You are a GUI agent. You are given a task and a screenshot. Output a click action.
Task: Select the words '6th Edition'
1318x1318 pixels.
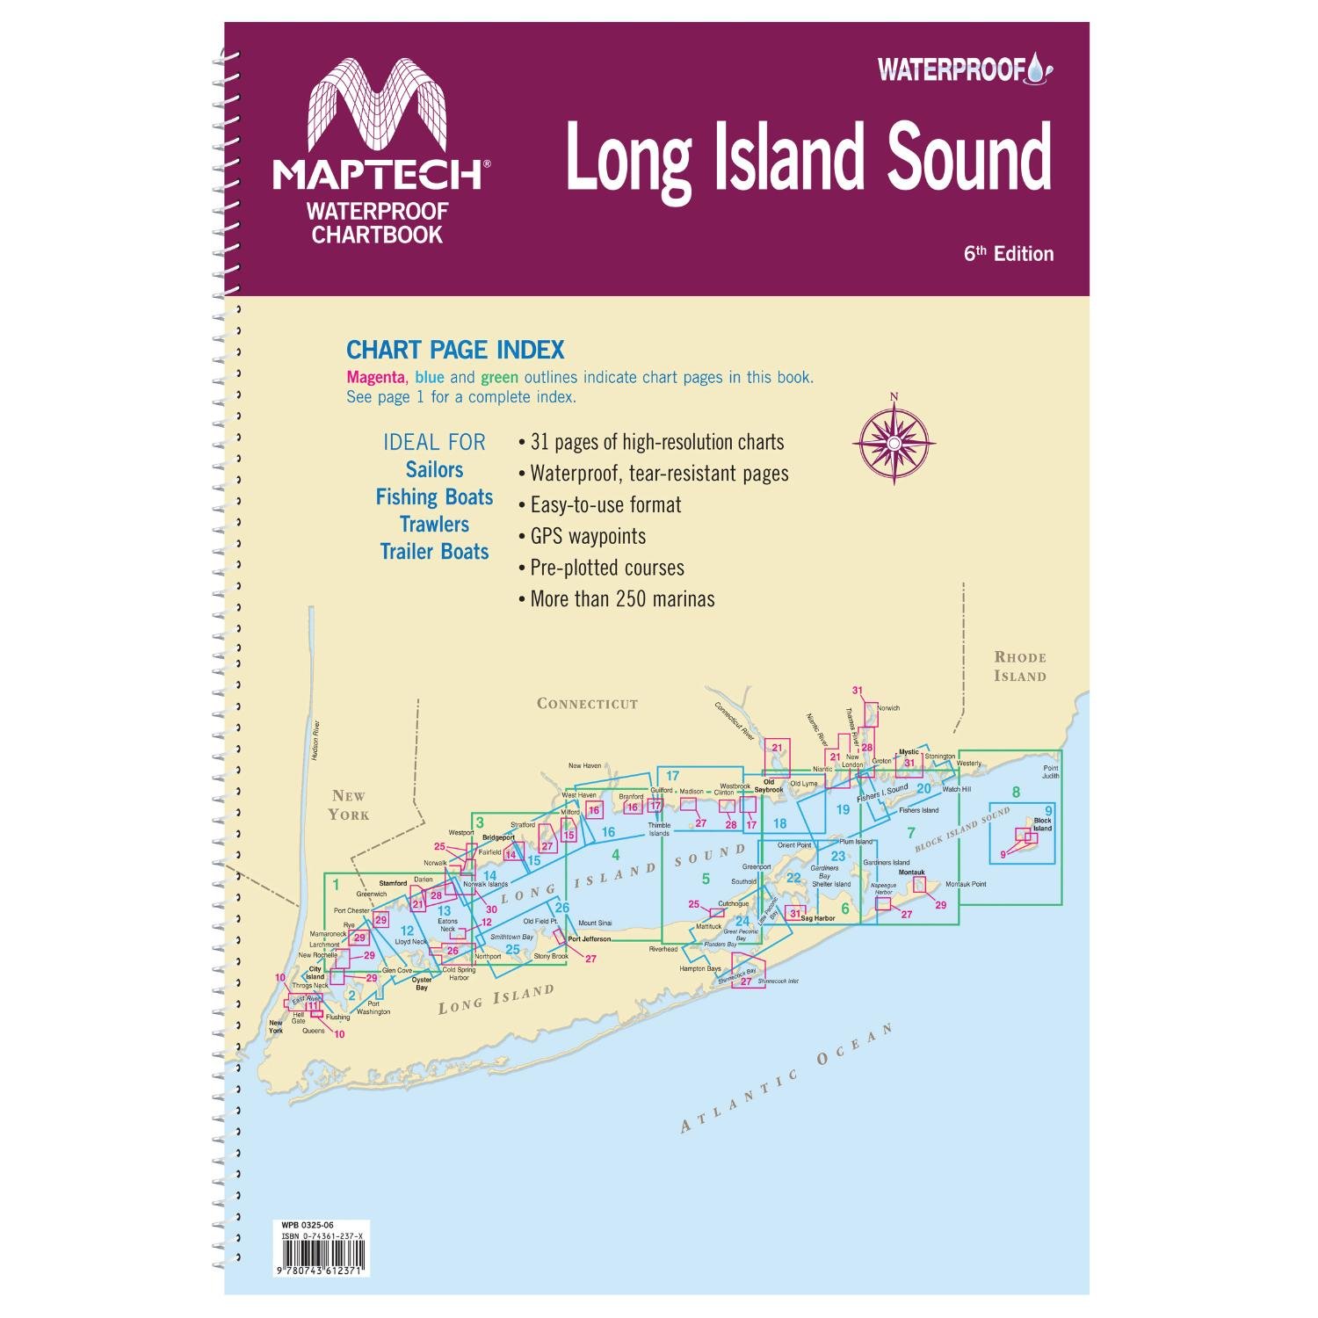pyautogui.click(x=1008, y=254)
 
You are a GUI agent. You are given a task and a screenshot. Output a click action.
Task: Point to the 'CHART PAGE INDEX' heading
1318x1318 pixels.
pyautogui.click(x=455, y=351)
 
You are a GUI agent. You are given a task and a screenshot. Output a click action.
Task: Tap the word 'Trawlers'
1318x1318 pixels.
pyautogui.click(x=434, y=525)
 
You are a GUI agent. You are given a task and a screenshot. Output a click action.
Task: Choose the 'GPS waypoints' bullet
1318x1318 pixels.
pyautogui.click(x=588, y=536)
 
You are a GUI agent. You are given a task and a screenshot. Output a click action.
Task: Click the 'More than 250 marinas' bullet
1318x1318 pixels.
pyautogui.click(x=622, y=599)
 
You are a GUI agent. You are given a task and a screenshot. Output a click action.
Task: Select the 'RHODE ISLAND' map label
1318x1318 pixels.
pyautogui.click(x=1020, y=667)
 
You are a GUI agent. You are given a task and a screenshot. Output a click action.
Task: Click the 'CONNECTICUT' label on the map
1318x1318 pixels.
pyautogui.click(x=587, y=704)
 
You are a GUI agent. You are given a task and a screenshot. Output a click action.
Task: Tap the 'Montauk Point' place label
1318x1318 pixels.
pyautogui.click(x=966, y=884)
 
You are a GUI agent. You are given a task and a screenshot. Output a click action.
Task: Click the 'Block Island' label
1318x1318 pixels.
pyautogui.click(x=1042, y=824)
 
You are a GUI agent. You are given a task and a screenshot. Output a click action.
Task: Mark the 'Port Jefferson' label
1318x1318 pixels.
pyautogui.click(x=589, y=939)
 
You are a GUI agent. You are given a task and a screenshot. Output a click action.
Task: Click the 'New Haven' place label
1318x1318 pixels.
pyautogui.click(x=584, y=766)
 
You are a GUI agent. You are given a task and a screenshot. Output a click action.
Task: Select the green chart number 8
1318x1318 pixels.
pyautogui.click(x=1016, y=793)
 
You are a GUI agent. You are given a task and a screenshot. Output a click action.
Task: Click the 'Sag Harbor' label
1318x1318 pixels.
pyautogui.click(x=818, y=918)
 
